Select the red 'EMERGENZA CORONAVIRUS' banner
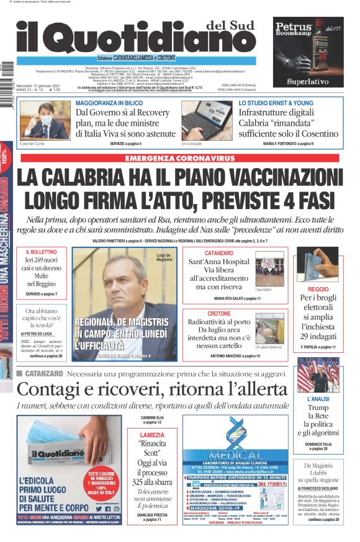[x=179, y=159]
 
